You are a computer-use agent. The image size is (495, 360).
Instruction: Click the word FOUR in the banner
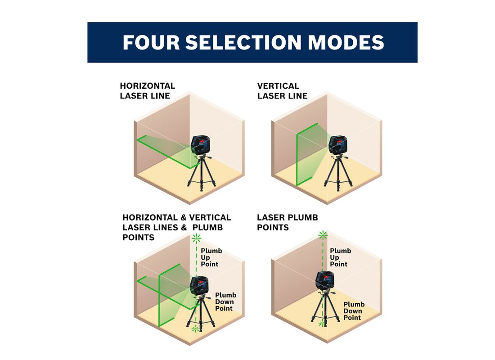tap(151, 42)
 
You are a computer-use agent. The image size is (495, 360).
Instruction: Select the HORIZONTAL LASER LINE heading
tap(148, 90)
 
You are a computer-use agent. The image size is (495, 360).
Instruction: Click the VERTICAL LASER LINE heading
tap(282, 90)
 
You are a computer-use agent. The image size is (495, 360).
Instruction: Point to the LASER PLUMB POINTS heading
tap(287, 222)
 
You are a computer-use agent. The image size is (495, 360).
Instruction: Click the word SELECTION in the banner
tap(243, 42)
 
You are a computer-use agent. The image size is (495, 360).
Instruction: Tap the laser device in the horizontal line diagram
tap(200, 145)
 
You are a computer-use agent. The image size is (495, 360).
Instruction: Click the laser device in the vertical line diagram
tap(338, 145)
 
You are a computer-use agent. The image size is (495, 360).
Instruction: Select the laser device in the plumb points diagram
tap(325, 280)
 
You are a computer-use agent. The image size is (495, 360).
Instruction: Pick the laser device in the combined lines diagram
tap(199, 285)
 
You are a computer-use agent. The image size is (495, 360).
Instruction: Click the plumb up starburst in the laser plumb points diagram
tap(323, 234)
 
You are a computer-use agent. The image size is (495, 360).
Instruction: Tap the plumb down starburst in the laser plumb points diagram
tap(322, 324)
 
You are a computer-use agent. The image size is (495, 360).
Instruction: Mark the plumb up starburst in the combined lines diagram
tap(196, 238)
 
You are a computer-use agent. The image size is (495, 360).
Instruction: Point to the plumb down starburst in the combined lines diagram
tap(195, 329)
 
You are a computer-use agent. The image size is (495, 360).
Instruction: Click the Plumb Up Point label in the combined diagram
tap(211, 257)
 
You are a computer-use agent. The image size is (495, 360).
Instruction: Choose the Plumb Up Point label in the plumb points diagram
tap(340, 257)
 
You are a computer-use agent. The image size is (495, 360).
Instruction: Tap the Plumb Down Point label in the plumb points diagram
tap(354, 311)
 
